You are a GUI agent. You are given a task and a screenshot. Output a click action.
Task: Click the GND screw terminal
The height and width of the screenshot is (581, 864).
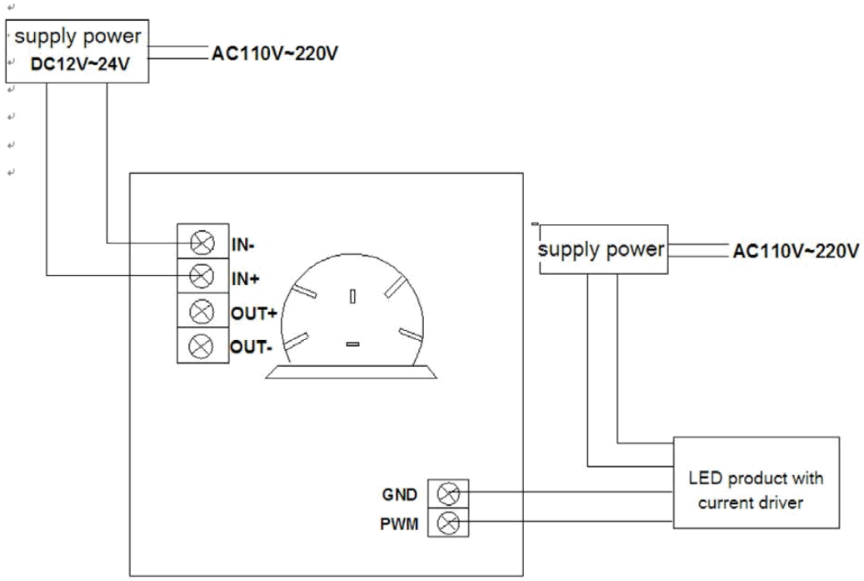coord(448,494)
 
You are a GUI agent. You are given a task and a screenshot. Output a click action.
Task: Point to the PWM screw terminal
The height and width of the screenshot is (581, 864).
coord(448,523)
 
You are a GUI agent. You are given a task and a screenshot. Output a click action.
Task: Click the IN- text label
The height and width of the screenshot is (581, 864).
coord(243,246)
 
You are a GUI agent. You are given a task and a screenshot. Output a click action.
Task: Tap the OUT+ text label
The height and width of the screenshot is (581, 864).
coord(252,313)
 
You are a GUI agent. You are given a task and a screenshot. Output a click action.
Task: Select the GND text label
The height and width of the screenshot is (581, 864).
coord(401,495)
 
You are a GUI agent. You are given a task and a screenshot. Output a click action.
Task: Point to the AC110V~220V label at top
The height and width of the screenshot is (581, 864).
coord(276,54)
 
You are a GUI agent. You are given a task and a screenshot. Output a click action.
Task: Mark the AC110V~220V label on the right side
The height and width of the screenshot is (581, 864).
coord(796,251)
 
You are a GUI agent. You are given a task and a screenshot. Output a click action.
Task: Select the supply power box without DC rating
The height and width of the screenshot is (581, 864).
coord(602,249)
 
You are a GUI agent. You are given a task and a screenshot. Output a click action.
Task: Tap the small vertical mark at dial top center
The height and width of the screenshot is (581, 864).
coord(353,296)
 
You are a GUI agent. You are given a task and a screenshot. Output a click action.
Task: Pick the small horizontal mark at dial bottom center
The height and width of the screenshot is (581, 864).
coord(352,343)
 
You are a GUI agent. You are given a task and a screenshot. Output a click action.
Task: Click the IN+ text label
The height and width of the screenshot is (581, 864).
coord(244,280)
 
